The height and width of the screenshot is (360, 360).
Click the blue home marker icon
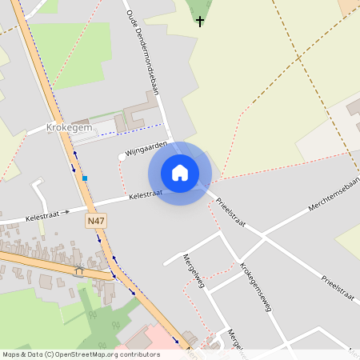click(180, 173)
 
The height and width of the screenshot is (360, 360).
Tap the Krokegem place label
click(71, 126)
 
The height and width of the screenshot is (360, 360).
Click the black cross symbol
click(199, 21)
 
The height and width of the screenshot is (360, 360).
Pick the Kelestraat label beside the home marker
click(146, 194)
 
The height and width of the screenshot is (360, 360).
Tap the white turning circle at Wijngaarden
click(122, 157)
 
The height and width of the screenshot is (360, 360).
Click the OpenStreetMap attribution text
click(81, 354)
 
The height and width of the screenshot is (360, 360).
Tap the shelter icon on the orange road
click(78, 270)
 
